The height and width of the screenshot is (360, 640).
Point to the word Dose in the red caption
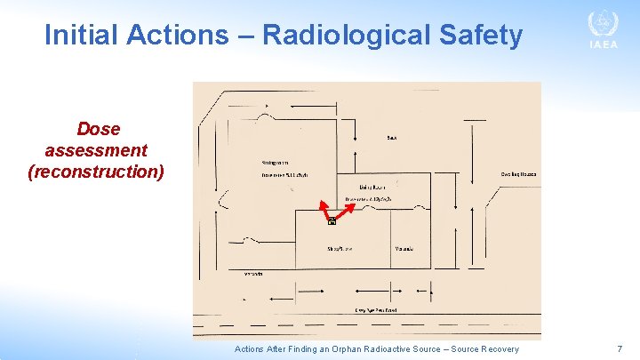[98, 129]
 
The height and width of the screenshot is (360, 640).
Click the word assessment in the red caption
[96, 149]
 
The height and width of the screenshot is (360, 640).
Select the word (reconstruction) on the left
[96, 170]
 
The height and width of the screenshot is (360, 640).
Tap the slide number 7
[620, 349]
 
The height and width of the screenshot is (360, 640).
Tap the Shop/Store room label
[340, 248]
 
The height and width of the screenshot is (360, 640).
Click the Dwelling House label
[518, 174]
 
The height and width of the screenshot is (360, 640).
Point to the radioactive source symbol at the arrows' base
[332, 220]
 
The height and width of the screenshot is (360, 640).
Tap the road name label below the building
[375, 309]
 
